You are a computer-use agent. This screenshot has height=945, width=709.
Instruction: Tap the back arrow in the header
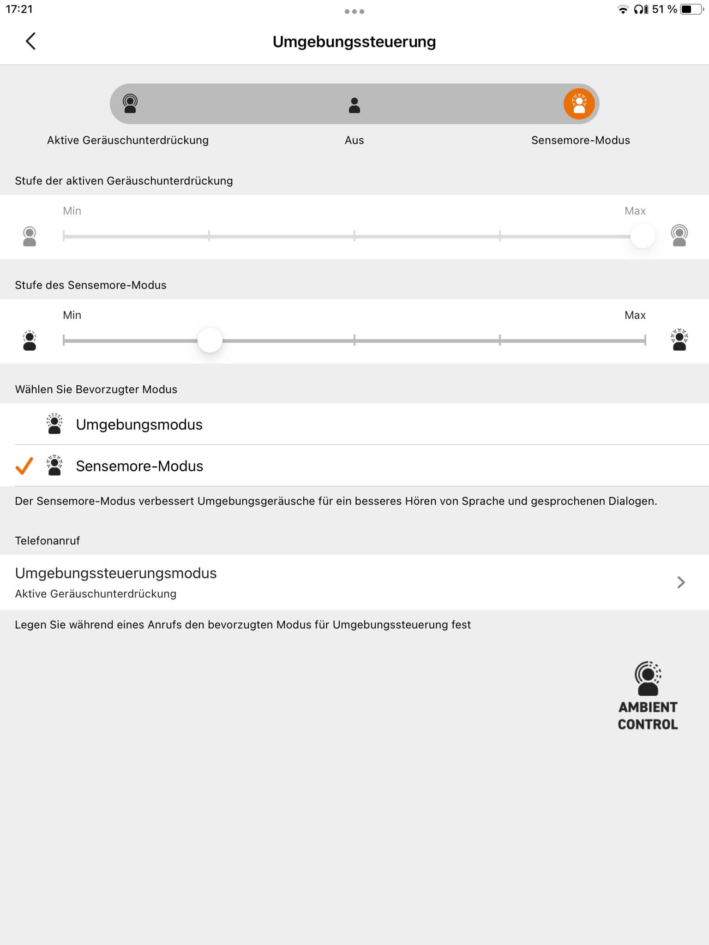click(x=30, y=41)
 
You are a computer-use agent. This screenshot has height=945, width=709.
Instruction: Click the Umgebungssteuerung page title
click(x=354, y=42)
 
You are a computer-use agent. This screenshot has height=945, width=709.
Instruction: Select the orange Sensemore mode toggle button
click(x=579, y=104)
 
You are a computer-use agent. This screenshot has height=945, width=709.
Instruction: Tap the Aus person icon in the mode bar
click(x=354, y=105)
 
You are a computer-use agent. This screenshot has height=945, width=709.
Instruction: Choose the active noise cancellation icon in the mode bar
click(x=130, y=104)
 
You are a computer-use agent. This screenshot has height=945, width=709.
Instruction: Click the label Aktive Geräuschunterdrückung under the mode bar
click(x=128, y=140)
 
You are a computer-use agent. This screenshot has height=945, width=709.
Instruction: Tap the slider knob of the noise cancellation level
click(x=643, y=236)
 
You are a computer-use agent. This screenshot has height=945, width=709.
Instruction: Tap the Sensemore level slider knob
click(x=210, y=341)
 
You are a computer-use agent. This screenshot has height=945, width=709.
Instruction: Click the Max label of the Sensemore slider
click(x=635, y=315)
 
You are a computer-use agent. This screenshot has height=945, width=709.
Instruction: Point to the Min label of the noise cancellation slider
click(x=72, y=211)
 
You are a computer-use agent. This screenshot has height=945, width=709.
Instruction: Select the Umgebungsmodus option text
click(x=139, y=425)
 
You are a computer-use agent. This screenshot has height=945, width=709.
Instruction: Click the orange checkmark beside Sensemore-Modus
click(x=24, y=466)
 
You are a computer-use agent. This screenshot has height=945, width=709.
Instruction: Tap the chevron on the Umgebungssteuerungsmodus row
click(x=681, y=582)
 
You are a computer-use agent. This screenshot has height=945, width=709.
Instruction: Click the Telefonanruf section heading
click(x=48, y=541)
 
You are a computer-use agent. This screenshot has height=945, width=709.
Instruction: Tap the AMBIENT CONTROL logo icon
click(x=648, y=678)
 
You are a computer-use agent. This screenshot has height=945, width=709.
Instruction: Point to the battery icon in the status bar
click(x=691, y=9)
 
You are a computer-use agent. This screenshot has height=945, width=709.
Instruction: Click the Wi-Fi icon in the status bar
click(x=623, y=9)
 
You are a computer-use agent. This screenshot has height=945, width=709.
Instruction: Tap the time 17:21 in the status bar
click(x=19, y=9)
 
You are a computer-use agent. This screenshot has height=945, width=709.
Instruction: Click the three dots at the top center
click(x=354, y=12)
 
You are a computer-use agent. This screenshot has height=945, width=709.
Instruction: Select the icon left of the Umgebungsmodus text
click(x=54, y=424)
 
